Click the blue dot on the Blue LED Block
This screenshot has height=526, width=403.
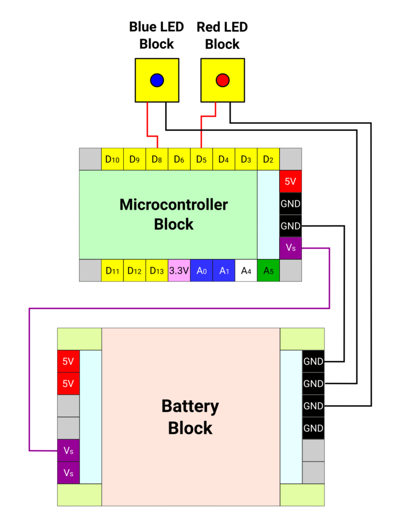157,80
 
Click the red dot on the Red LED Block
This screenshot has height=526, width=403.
223,80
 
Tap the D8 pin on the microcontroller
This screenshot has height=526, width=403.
157,159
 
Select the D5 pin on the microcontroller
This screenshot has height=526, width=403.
201,159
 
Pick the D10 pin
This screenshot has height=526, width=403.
112,159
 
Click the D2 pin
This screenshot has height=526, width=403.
268,159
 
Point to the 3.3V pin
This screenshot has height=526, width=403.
179,270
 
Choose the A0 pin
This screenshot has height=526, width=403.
201,270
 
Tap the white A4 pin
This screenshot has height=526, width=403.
246,270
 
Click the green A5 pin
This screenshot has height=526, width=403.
268,270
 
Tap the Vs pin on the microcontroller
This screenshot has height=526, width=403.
290,248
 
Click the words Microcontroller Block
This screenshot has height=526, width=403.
174,214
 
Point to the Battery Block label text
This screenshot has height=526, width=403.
190,417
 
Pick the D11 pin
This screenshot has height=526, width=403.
112,270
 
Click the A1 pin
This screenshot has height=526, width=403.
224,270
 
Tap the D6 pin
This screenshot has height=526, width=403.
179,159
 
